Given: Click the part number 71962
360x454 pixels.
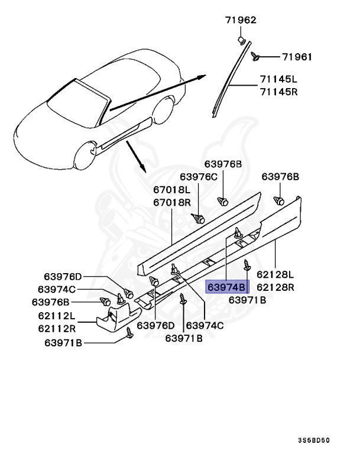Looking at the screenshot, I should [240, 20].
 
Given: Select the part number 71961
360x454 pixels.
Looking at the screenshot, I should [297, 57].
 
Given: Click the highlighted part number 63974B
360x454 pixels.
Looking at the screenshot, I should [228, 287].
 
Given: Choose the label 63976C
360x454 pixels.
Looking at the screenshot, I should [199, 176].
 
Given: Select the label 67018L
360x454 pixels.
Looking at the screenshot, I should [171, 190].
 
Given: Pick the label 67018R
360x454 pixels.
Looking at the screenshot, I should [171, 202].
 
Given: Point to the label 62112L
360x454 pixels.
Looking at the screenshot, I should [57, 316].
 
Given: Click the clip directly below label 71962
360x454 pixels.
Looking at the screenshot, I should [242, 40].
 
